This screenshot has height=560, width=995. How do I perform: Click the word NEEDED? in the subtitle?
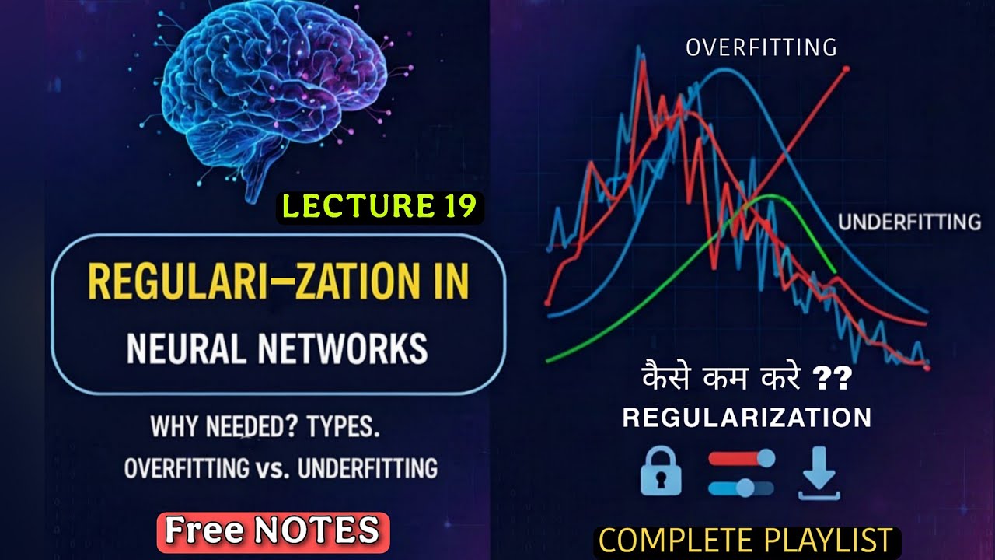coord(249,429)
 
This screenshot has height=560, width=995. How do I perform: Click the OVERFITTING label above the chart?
coord(761,48)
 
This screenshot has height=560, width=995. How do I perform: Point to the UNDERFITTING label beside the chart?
coord(909,222)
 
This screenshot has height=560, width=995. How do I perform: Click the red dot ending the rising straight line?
coord(846,69)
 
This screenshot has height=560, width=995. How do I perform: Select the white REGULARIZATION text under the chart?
coord(747,418)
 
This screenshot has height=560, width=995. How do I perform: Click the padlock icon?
coord(661,474)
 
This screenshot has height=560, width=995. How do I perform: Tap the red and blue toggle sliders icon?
coord(742,474)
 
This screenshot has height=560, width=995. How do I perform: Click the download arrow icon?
coord(819,474)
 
